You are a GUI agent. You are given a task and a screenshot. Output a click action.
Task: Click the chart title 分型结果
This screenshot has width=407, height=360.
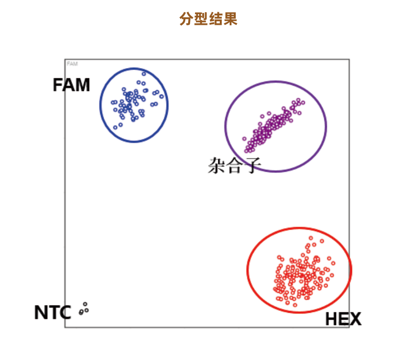208,19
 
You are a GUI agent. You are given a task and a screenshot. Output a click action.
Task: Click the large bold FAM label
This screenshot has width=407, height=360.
71,85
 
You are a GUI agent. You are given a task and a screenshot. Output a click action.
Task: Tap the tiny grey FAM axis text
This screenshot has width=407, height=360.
72,64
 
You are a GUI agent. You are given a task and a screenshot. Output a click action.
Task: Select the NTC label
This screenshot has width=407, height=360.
53,312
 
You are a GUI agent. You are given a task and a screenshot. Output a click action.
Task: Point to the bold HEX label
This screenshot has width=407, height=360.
343,320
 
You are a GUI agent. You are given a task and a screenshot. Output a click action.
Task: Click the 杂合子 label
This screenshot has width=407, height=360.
235,165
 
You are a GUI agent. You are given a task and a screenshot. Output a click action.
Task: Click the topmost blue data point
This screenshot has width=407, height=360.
144,74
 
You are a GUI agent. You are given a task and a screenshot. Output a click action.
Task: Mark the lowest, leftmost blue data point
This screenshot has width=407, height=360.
115,127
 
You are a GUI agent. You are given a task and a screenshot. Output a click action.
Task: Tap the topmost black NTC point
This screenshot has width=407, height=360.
85,304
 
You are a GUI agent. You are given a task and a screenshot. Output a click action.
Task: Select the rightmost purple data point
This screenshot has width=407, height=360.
303,103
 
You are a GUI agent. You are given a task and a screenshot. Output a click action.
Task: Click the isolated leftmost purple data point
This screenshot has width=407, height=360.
245,138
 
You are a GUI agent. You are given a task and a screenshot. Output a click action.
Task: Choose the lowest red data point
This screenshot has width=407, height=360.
295,305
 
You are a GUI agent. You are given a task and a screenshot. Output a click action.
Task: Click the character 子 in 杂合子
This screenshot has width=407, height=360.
252,165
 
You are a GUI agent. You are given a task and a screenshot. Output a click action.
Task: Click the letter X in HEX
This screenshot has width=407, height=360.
355,320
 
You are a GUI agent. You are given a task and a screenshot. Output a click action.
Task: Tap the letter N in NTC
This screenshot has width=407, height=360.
40,312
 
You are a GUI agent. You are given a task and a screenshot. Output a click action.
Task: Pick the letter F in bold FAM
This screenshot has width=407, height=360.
58,85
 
